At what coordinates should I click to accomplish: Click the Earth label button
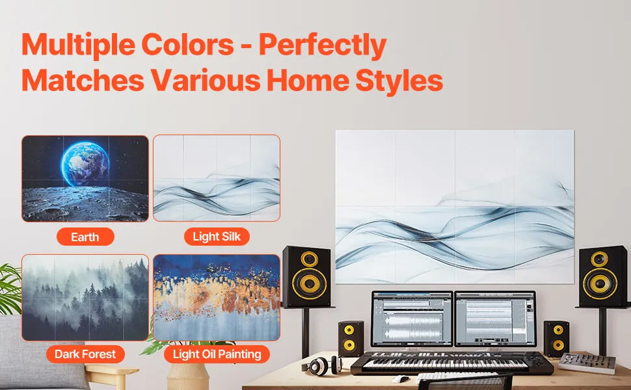[x=85, y=237]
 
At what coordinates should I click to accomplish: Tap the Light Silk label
[x=217, y=237]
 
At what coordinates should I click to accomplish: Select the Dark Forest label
[x=85, y=354]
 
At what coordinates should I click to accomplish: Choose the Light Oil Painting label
[x=217, y=354]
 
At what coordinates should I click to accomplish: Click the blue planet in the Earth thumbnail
[x=85, y=163]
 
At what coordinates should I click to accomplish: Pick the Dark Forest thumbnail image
[x=85, y=298]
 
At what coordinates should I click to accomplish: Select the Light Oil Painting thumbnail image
[x=217, y=298]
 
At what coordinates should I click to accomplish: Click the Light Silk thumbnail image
[x=217, y=178]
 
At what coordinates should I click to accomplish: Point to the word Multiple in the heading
[x=77, y=45]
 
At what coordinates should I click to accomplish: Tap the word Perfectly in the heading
[x=323, y=45]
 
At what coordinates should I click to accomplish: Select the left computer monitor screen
[x=412, y=318]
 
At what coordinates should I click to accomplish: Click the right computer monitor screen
[x=496, y=318]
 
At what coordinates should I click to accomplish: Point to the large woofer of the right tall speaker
[x=600, y=282]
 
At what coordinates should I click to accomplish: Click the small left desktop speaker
[x=350, y=338]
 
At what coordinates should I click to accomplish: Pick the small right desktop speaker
[x=557, y=338]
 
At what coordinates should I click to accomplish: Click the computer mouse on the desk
[x=400, y=379]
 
